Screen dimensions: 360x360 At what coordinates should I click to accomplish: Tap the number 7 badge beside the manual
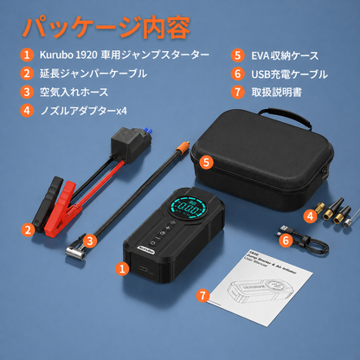pyautogui.click(x=202, y=295)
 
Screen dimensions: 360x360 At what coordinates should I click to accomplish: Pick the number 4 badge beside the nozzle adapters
pyautogui.click(x=309, y=215)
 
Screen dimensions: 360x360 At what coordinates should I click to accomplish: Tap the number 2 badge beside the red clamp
pyautogui.click(x=29, y=229)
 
